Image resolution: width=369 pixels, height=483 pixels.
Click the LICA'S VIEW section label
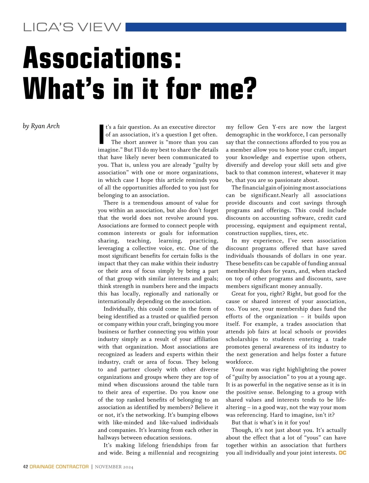72,27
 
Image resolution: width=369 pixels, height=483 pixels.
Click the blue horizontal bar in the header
236,27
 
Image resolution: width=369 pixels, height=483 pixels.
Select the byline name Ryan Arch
45,126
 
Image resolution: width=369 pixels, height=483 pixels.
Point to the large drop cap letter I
101,135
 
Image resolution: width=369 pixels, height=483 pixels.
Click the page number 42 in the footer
26,467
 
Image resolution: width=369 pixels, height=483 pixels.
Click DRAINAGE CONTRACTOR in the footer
59,467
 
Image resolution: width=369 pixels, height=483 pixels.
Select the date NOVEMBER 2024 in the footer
114,467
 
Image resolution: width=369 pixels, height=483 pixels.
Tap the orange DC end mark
342,453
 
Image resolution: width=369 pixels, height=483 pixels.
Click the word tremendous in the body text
148,203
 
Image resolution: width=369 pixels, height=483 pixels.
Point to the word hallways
109,438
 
